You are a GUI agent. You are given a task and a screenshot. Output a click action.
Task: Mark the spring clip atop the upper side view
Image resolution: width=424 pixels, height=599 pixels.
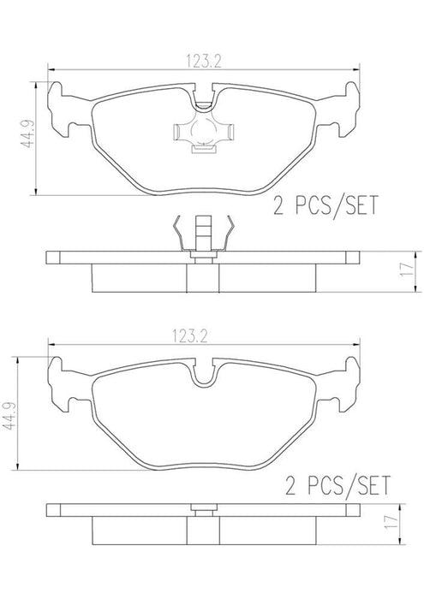203,232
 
